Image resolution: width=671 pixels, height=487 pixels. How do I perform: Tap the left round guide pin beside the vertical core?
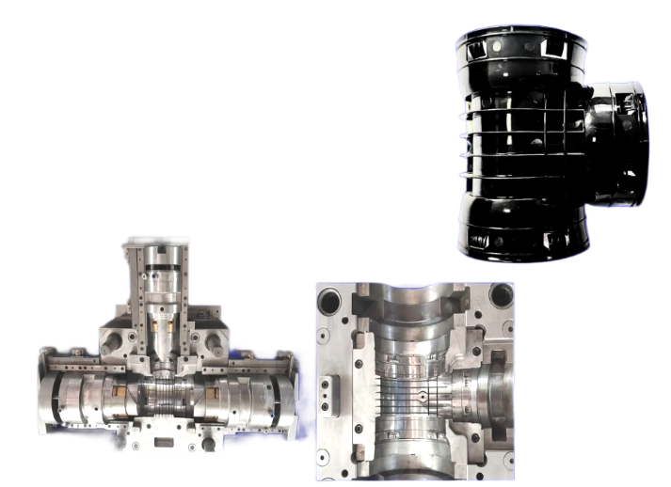pos(110,335)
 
